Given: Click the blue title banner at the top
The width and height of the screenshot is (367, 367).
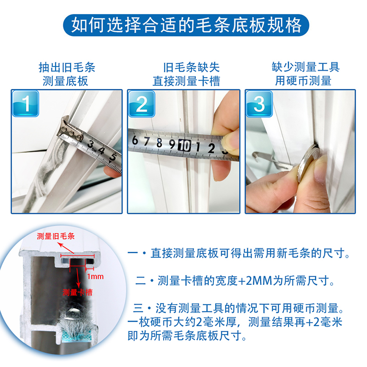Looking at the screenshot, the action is tap(186, 25).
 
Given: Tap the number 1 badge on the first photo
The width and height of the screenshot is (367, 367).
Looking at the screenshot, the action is tap(26, 104).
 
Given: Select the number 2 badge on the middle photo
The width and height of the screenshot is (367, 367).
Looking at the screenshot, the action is tap(142, 104).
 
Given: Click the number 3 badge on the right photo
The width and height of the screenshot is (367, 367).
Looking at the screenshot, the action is tap(259, 104).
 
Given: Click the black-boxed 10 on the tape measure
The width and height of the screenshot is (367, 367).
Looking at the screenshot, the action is tap(184, 146).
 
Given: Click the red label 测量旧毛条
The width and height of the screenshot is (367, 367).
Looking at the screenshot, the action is tap(56, 236).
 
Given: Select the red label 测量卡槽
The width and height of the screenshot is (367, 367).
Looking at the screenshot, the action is tap(78, 292).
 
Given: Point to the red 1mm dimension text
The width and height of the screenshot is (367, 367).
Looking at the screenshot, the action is tap(95, 277).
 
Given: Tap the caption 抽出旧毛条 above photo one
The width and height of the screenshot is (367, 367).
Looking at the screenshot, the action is tap(67, 67).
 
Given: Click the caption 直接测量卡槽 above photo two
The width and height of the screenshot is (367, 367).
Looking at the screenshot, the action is tap(186, 81).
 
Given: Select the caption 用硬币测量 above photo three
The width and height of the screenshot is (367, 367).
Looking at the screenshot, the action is tap(303, 81).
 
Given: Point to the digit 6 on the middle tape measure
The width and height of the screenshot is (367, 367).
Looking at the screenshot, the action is tap(135, 140).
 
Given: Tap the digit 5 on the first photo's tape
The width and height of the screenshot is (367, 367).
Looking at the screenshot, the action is tap(113, 157).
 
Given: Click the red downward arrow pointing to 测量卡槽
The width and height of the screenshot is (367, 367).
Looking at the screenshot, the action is tap(78, 277).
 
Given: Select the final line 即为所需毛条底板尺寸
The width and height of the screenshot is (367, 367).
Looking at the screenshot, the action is tap(187, 336).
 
